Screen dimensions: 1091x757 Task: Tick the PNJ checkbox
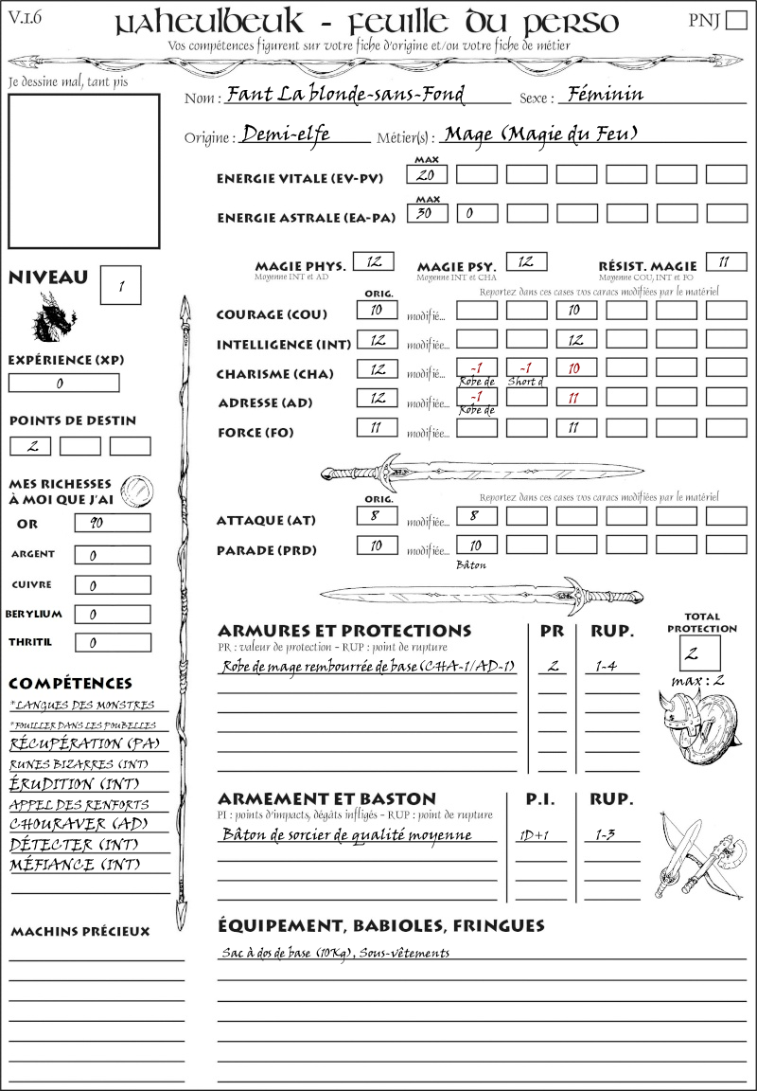click(x=735, y=21)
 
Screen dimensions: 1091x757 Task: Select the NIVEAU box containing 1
click(x=122, y=285)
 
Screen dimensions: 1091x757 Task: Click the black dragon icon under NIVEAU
click(x=55, y=317)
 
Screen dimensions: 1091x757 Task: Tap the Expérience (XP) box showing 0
click(x=64, y=383)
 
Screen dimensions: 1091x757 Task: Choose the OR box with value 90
click(x=112, y=523)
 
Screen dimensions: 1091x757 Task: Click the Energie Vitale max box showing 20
click(x=427, y=175)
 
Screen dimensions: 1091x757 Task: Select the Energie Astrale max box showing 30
click(x=427, y=213)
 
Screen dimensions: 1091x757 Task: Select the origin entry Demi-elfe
click(x=286, y=134)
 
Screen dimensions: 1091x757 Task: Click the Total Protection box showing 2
click(x=700, y=653)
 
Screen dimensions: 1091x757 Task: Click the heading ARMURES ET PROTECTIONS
click(x=343, y=631)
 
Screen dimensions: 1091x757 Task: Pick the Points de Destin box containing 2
click(x=29, y=446)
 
